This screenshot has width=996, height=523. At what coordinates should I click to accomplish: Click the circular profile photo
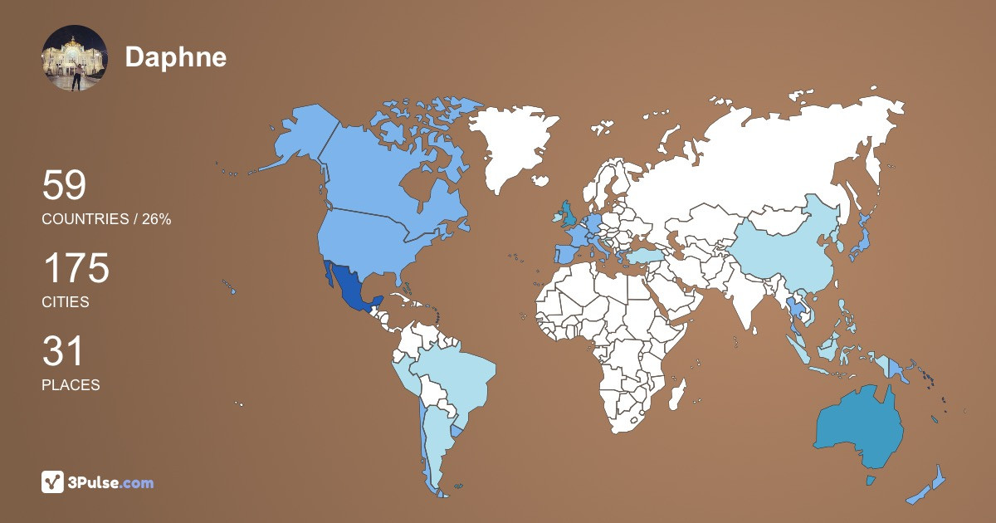pos(75,57)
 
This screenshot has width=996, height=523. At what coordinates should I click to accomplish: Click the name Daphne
pos(175,56)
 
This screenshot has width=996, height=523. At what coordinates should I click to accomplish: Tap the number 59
pos(64,186)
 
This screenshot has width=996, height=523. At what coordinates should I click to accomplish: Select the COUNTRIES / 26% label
pos(106,219)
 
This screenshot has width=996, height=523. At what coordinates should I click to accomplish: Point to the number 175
pos(76,269)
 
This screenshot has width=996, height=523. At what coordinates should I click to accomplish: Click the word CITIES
pos(66,302)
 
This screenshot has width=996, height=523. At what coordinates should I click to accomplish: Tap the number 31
pos(63,352)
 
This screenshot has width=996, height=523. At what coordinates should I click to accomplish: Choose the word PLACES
pos(71,385)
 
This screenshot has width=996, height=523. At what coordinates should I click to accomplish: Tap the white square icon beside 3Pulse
pos(53,482)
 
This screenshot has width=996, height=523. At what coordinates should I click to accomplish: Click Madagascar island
pos(677,393)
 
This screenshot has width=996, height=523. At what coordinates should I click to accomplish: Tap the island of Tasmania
pos(871,480)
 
